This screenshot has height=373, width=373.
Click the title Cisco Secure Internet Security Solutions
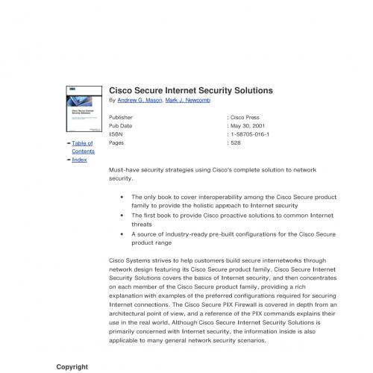coord(191,90)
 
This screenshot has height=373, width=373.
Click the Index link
coord(79,160)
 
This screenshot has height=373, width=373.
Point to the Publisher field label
coord(122,118)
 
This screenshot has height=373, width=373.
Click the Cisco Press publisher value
coord(248,118)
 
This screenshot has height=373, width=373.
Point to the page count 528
coord(236,142)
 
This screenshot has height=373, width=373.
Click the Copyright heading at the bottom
coord(72,367)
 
